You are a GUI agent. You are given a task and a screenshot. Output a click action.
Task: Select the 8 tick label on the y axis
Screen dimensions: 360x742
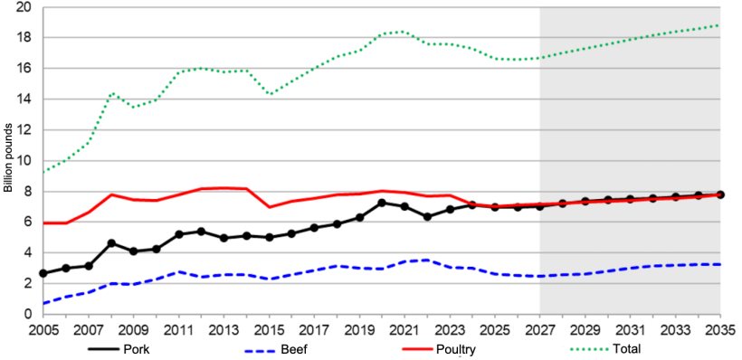(x=28, y=192)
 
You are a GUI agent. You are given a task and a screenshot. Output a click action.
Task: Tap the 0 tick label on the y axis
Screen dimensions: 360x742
(x=28, y=314)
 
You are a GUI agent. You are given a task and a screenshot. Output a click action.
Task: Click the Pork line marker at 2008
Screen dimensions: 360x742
(x=110, y=243)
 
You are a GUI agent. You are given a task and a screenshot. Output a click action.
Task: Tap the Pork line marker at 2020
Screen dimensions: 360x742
(x=382, y=203)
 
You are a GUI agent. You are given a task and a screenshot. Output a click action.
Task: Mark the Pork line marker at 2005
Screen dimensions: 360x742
(x=43, y=273)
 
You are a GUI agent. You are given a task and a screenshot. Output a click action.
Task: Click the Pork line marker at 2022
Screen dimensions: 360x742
(x=427, y=217)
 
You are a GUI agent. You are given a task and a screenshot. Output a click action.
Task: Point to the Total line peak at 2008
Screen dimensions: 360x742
(x=111, y=93)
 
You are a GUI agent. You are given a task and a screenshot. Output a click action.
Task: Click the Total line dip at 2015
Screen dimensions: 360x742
(x=269, y=94)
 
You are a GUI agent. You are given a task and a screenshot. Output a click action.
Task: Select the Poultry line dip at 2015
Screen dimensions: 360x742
(x=269, y=207)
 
